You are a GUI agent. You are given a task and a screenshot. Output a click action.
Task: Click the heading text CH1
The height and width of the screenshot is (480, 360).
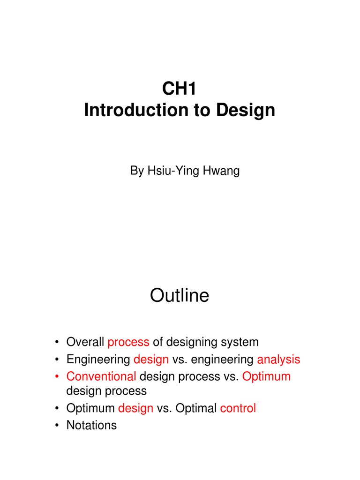pyautogui.click(x=180, y=89)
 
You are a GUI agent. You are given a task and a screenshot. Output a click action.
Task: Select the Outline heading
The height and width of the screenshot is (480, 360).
pyautogui.click(x=180, y=296)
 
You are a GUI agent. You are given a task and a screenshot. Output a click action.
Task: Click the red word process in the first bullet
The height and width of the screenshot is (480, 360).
pyautogui.click(x=128, y=342)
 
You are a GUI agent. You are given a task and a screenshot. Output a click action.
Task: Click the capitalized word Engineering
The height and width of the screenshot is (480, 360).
pyautogui.click(x=98, y=360)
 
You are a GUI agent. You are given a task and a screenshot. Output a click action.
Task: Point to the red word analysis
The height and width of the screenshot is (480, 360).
pyautogui.click(x=278, y=360)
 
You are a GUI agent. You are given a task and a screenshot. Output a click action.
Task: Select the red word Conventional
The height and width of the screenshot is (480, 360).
pyautogui.click(x=101, y=376)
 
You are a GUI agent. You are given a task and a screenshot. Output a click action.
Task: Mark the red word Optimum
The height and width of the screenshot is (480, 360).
pyautogui.click(x=266, y=376)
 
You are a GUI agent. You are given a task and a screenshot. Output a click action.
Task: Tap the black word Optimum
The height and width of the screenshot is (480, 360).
pyautogui.click(x=90, y=408)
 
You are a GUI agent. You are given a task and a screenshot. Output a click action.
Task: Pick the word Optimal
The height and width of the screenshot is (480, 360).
pyautogui.click(x=195, y=408)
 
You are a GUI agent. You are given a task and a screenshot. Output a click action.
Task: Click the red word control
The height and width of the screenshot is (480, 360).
pyautogui.click(x=238, y=408)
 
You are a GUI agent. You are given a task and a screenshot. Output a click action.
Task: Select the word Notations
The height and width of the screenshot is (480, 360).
pyautogui.click(x=91, y=425)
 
